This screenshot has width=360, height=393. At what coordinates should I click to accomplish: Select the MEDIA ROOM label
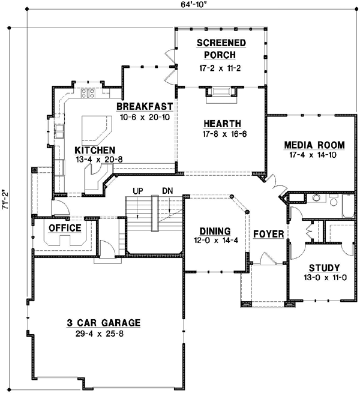coord(314,145)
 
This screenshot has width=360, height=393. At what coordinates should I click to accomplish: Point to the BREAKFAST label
coord(145,106)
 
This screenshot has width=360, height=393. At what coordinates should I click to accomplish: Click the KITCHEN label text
coord(95,149)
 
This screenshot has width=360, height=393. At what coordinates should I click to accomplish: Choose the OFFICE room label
coord(64,228)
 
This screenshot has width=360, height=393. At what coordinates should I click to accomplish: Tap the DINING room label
coord(214,230)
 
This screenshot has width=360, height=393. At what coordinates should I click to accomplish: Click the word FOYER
coord(268,233)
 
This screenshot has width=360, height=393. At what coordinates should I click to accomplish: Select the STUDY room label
coord(324,268)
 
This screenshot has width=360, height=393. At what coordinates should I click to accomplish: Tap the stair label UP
coord(137,191)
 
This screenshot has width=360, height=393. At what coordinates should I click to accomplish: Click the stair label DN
coord(167,191)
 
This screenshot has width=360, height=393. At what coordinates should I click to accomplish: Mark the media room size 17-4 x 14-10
coord(314,155)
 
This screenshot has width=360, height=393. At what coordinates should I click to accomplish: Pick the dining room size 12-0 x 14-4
coord(214,241)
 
